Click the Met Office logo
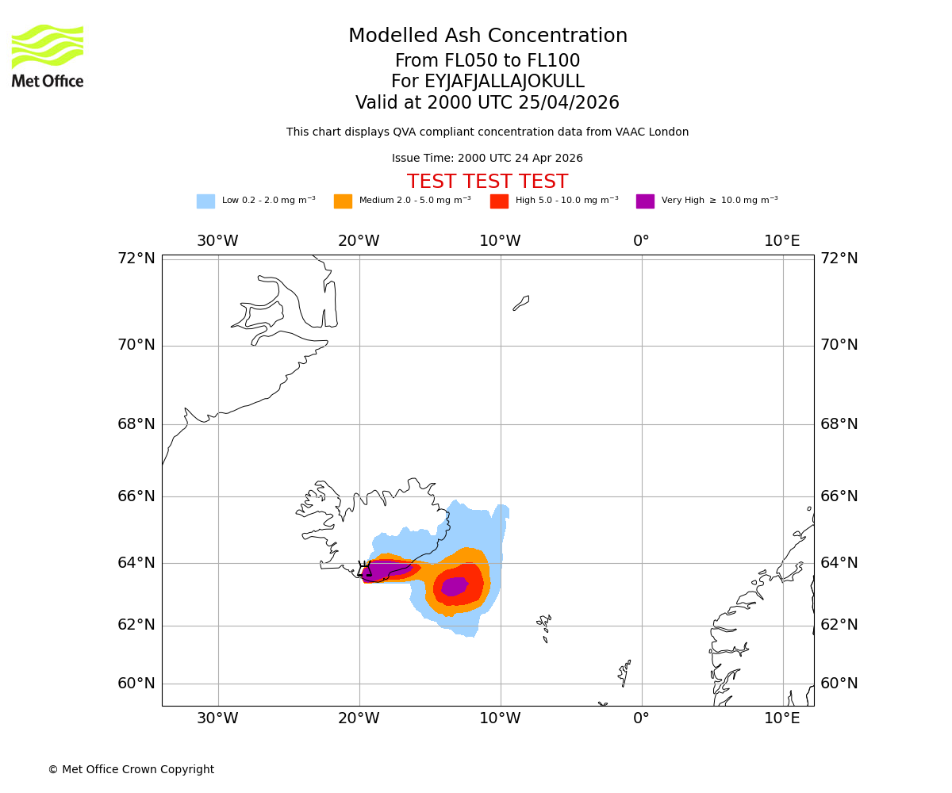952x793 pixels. [48, 56]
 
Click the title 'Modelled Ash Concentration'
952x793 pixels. [487, 36]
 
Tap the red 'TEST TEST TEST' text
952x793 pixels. [487, 182]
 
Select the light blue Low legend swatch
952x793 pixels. [205, 201]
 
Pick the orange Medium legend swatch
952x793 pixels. [343, 201]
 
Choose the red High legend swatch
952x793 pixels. [499, 201]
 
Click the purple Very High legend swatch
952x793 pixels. [645, 201]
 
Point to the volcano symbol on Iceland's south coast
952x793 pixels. [364, 569]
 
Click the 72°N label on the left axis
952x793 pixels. [136, 259]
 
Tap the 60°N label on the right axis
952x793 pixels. [839, 684]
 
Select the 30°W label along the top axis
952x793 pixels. [217, 241]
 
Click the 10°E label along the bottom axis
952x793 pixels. [781, 718]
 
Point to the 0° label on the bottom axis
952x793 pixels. [641, 718]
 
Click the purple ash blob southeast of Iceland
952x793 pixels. [455, 586]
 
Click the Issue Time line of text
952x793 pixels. [487, 159]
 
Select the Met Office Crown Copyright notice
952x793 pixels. [131, 770]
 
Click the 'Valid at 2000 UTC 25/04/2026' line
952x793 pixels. [487, 103]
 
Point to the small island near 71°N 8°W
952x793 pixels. [521, 303]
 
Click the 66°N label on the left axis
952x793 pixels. [136, 496]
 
